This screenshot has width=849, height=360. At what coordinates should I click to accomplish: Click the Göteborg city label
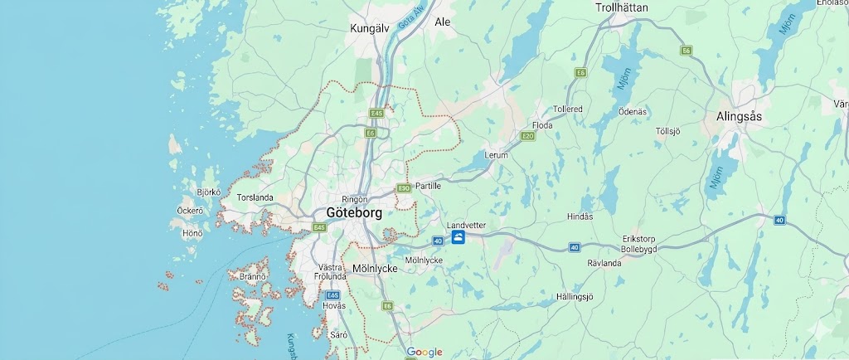354,212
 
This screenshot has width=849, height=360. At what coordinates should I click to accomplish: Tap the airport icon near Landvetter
458,239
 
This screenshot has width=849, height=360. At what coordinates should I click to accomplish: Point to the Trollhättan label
622,7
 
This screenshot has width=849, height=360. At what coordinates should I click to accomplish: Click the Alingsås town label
739,117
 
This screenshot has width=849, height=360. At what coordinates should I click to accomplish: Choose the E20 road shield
528,135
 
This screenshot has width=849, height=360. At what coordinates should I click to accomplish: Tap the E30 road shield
404,188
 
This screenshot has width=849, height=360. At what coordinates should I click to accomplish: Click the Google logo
424,352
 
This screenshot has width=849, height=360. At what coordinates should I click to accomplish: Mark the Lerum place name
496,155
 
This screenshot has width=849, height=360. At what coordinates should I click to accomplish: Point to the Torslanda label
255,198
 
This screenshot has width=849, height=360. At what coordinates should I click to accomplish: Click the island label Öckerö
190,211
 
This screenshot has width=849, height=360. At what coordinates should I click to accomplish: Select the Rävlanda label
604,263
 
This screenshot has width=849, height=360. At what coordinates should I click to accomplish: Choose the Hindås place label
580,216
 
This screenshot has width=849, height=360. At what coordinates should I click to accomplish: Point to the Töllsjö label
667,131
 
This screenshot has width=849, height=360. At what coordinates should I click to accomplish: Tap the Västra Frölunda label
330,272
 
